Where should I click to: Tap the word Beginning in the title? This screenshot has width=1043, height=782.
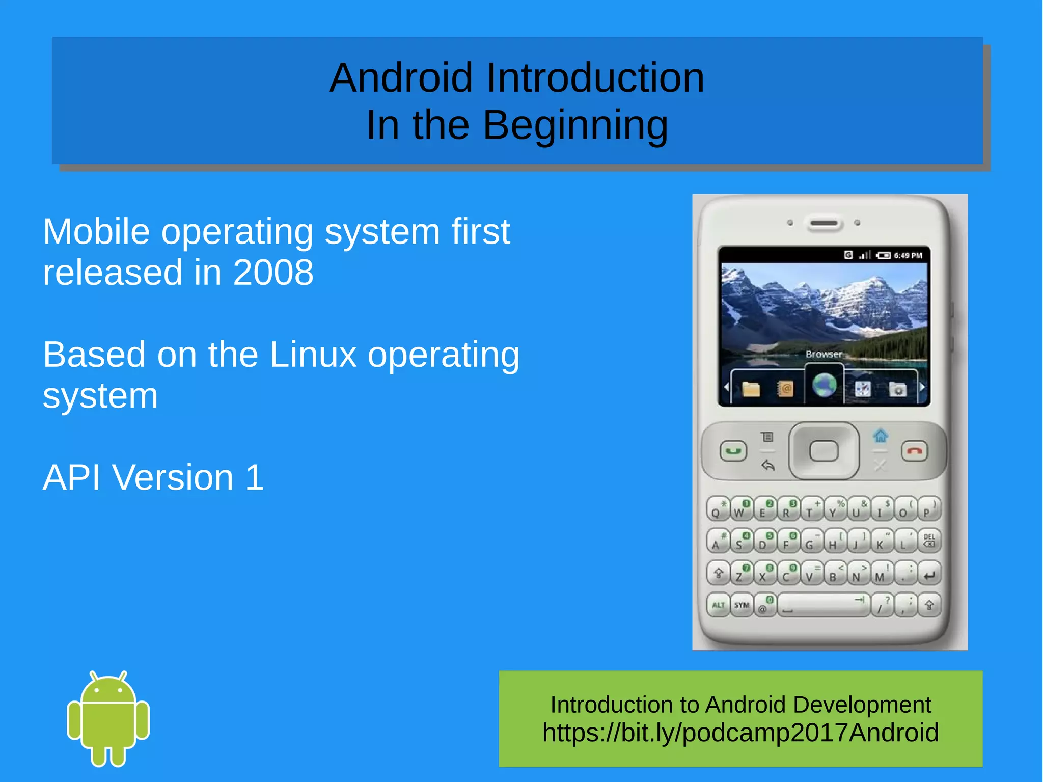(x=575, y=125)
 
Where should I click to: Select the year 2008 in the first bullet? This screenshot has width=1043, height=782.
(x=273, y=273)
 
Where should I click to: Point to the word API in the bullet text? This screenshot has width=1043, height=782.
(x=71, y=478)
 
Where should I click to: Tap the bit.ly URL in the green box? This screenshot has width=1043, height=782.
(x=740, y=733)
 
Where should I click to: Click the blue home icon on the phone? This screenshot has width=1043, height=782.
(x=880, y=436)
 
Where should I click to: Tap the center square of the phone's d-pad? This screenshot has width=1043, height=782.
(x=824, y=451)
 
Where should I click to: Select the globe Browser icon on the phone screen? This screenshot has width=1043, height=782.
(x=824, y=385)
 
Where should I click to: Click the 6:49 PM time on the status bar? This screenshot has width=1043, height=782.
(x=908, y=255)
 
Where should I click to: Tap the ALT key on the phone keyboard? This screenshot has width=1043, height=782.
(x=718, y=605)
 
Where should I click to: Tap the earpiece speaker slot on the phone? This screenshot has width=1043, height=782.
(x=824, y=223)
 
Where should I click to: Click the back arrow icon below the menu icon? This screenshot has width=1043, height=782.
(x=767, y=465)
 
